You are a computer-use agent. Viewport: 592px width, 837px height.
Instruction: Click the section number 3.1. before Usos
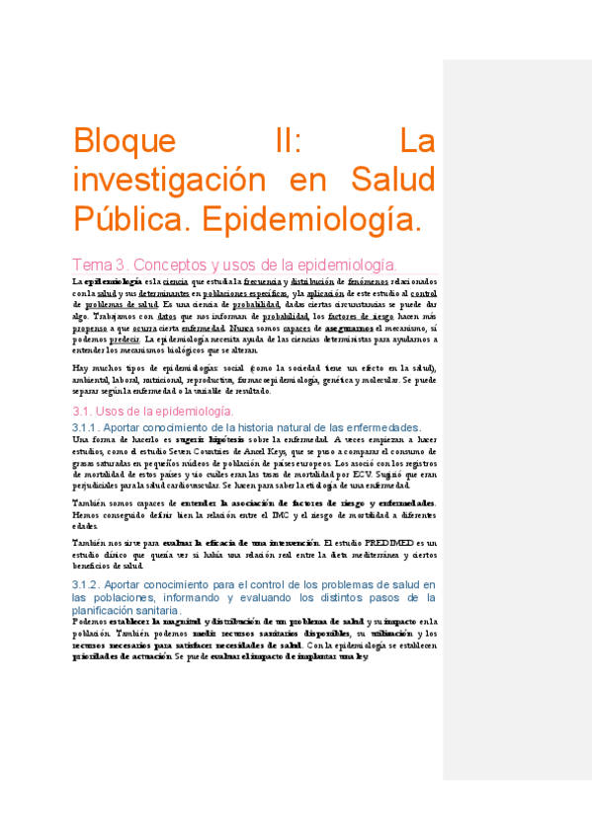(x=86, y=411)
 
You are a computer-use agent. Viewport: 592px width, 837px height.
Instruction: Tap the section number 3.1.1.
(x=93, y=426)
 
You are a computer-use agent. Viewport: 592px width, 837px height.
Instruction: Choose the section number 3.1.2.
(x=93, y=584)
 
